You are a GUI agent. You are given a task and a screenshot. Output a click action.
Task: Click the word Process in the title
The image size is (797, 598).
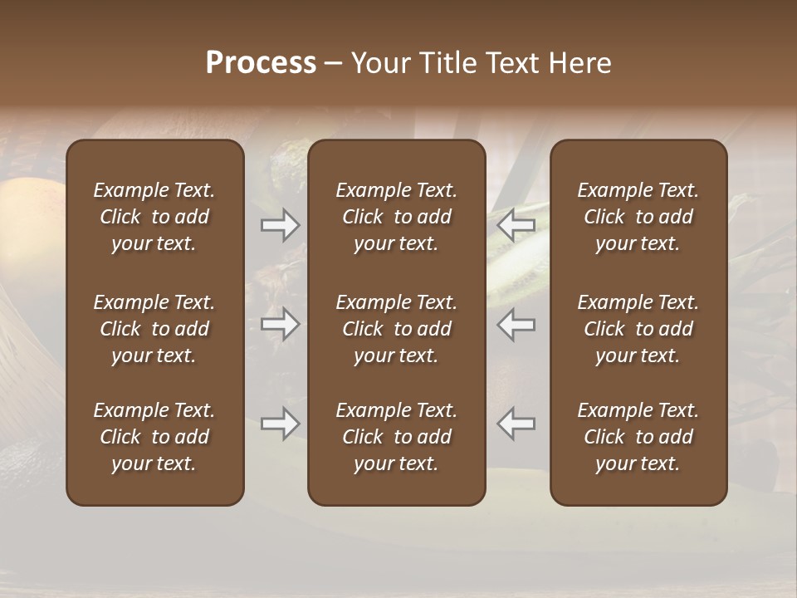click(261, 62)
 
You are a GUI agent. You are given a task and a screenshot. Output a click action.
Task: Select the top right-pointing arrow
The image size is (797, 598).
click(281, 224)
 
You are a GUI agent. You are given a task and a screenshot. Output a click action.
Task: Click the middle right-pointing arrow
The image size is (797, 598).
click(281, 324)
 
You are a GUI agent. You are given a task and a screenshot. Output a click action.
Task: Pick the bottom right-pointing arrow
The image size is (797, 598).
click(281, 424)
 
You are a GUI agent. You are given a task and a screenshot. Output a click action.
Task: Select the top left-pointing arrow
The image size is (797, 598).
click(516, 224)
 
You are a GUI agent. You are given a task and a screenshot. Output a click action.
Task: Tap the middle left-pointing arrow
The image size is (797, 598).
click(516, 324)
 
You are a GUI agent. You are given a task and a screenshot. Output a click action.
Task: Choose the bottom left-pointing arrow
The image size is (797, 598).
click(516, 424)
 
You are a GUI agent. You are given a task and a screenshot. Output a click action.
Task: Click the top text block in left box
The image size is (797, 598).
click(154, 217)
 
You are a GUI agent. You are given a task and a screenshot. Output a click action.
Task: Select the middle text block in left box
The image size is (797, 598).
click(154, 329)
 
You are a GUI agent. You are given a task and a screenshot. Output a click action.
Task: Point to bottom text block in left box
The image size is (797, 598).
click(154, 437)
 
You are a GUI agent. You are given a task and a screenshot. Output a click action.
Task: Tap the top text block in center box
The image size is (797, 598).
click(397, 217)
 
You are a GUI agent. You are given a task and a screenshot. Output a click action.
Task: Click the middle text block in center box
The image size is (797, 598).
click(397, 329)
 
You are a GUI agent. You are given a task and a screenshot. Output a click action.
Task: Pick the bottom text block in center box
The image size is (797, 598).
click(397, 437)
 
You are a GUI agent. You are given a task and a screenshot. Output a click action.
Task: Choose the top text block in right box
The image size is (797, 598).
click(638, 217)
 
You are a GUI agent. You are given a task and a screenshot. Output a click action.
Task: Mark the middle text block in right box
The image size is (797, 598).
click(638, 329)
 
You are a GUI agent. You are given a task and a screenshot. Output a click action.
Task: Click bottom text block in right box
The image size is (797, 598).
click(638, 437)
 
